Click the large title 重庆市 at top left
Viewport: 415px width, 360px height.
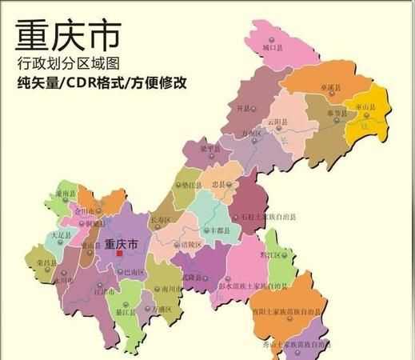tap(67, 35)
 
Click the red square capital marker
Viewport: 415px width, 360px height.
tap(120, 254)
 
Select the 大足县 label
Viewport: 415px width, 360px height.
tap(61, 236)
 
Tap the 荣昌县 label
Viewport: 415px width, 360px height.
tap(46, 261)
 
